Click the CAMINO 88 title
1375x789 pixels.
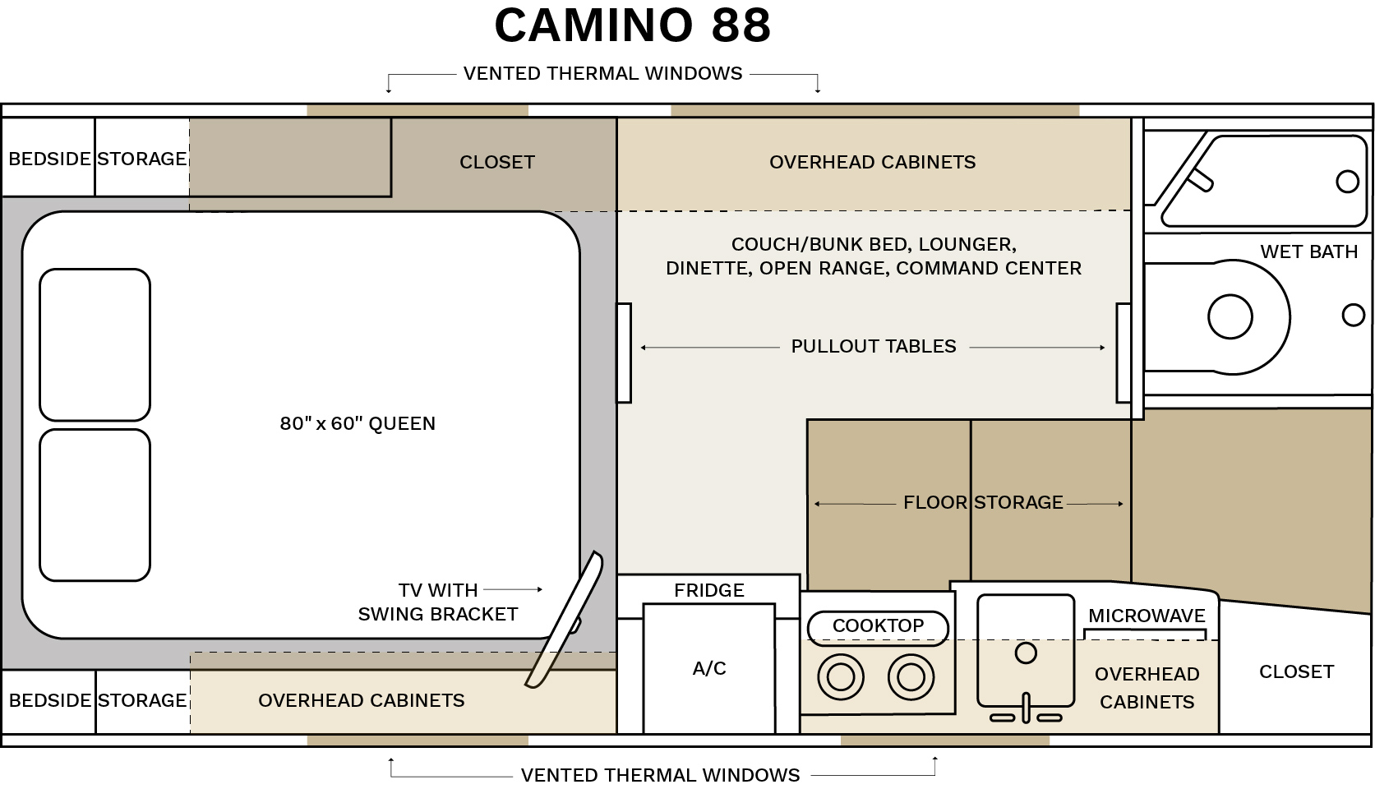[632, 25]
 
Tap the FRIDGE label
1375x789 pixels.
[708, 590]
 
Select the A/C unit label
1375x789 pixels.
[708, 668]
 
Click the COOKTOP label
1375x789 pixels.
[878, 626]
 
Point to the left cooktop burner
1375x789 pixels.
[841, 677]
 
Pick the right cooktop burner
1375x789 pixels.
[911, 677]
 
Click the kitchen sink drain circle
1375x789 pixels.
[1026, 653]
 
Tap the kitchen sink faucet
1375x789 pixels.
[1026, 709]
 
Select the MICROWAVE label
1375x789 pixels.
[1146, 616]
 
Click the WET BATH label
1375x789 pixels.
[1308, 251]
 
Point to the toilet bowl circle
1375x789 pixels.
[1230, 316]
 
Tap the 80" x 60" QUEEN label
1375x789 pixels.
[358, 423]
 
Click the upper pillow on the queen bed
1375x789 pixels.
[95, 344]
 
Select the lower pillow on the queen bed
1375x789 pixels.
[95, 505]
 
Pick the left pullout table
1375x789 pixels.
[624, 353]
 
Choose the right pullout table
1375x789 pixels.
[1124, 353]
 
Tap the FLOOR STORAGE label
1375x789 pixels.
[983, 502]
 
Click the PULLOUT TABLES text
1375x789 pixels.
[873, 346]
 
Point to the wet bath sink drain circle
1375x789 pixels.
[1347, 182]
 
